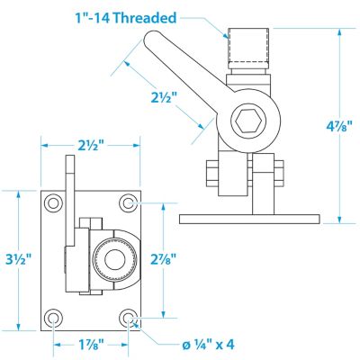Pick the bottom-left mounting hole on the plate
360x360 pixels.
point(53,318)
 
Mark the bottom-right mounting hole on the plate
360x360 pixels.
point(130,318)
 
